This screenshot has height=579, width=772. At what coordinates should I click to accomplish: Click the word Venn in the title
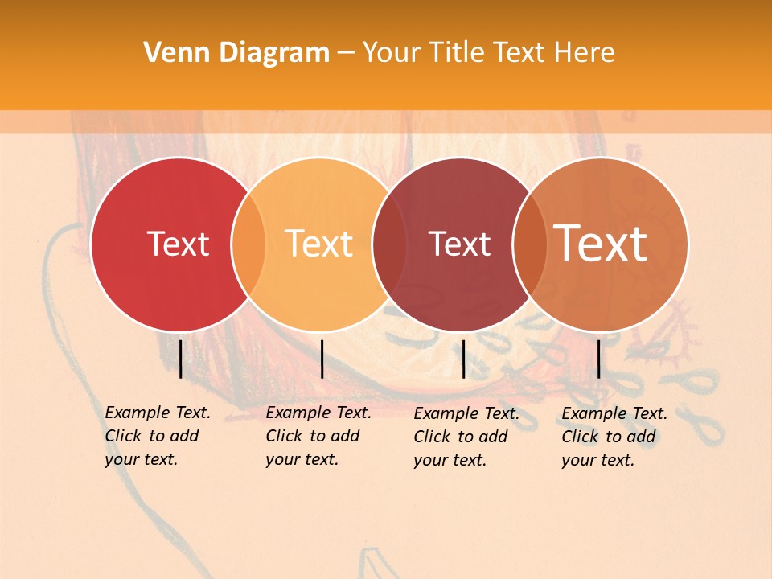(x=172, y=53)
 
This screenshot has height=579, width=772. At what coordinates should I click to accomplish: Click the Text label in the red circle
(x=178, y=244)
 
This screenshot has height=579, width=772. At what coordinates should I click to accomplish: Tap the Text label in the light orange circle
(x=318, y=244)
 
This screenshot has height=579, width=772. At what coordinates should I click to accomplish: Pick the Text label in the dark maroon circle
(x=459, y=244)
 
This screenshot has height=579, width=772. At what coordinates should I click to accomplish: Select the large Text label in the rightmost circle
(x=601, y=244)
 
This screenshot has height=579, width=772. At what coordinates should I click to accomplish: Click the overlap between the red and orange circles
(x=248, y=244)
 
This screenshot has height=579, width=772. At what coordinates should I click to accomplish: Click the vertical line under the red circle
(x=181, y=359)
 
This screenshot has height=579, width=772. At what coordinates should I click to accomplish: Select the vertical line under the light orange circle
(x=322, y=359)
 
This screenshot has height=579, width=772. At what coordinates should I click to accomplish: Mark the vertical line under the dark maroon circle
(x=463, y=359)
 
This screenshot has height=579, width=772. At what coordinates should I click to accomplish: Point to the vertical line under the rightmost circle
(x=599, y=359)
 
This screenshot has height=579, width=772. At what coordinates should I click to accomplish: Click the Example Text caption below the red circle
(x=157, y=436)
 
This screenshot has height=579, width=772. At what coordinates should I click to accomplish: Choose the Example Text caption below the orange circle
(x=318, y=436)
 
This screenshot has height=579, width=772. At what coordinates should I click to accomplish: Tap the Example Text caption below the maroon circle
(x=466, y=437)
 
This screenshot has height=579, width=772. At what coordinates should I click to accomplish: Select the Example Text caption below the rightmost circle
(x=614, y=437)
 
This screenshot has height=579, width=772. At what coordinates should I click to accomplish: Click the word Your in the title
(x=392, y=53)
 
